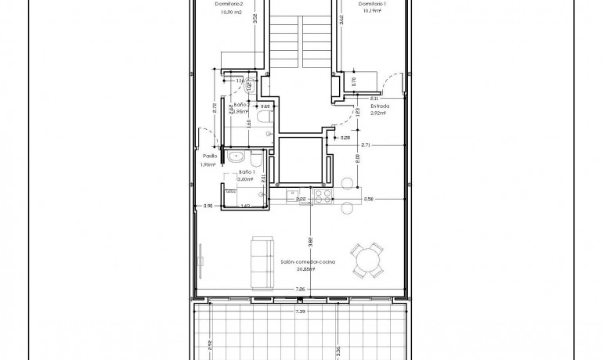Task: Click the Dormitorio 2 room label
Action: [x=230, y=4]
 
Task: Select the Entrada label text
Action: [x=368, y=106]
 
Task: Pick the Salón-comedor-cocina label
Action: [x=309, y=262]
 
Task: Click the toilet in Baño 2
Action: [x=265, y=117]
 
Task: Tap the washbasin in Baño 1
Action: [x=237, y=157]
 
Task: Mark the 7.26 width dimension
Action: [x=299, y=290]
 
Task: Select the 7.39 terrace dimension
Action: [x=299, y=311]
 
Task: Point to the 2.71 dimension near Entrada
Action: [x=365, y=146]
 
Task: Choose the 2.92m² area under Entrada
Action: [x=368, y=113]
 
